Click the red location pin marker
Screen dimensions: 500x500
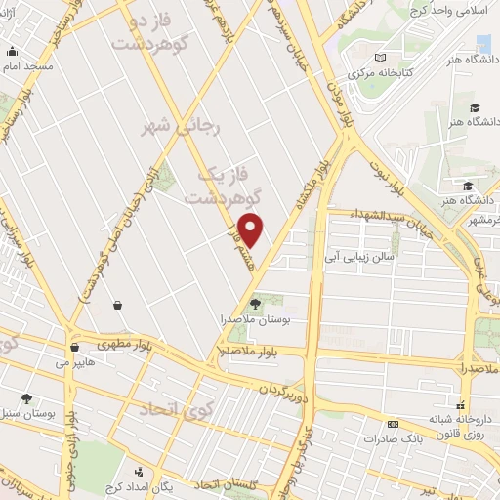click(x=252, y=229)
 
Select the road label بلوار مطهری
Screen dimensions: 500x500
click(x=123, y=343)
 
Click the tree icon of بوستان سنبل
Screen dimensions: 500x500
click(x=25, y=399)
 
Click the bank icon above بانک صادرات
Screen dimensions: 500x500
click(x=393, y=424)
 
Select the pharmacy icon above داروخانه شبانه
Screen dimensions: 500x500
click(x=464, y=399)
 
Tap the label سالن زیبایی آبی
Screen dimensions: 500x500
click(x=361, y=259)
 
